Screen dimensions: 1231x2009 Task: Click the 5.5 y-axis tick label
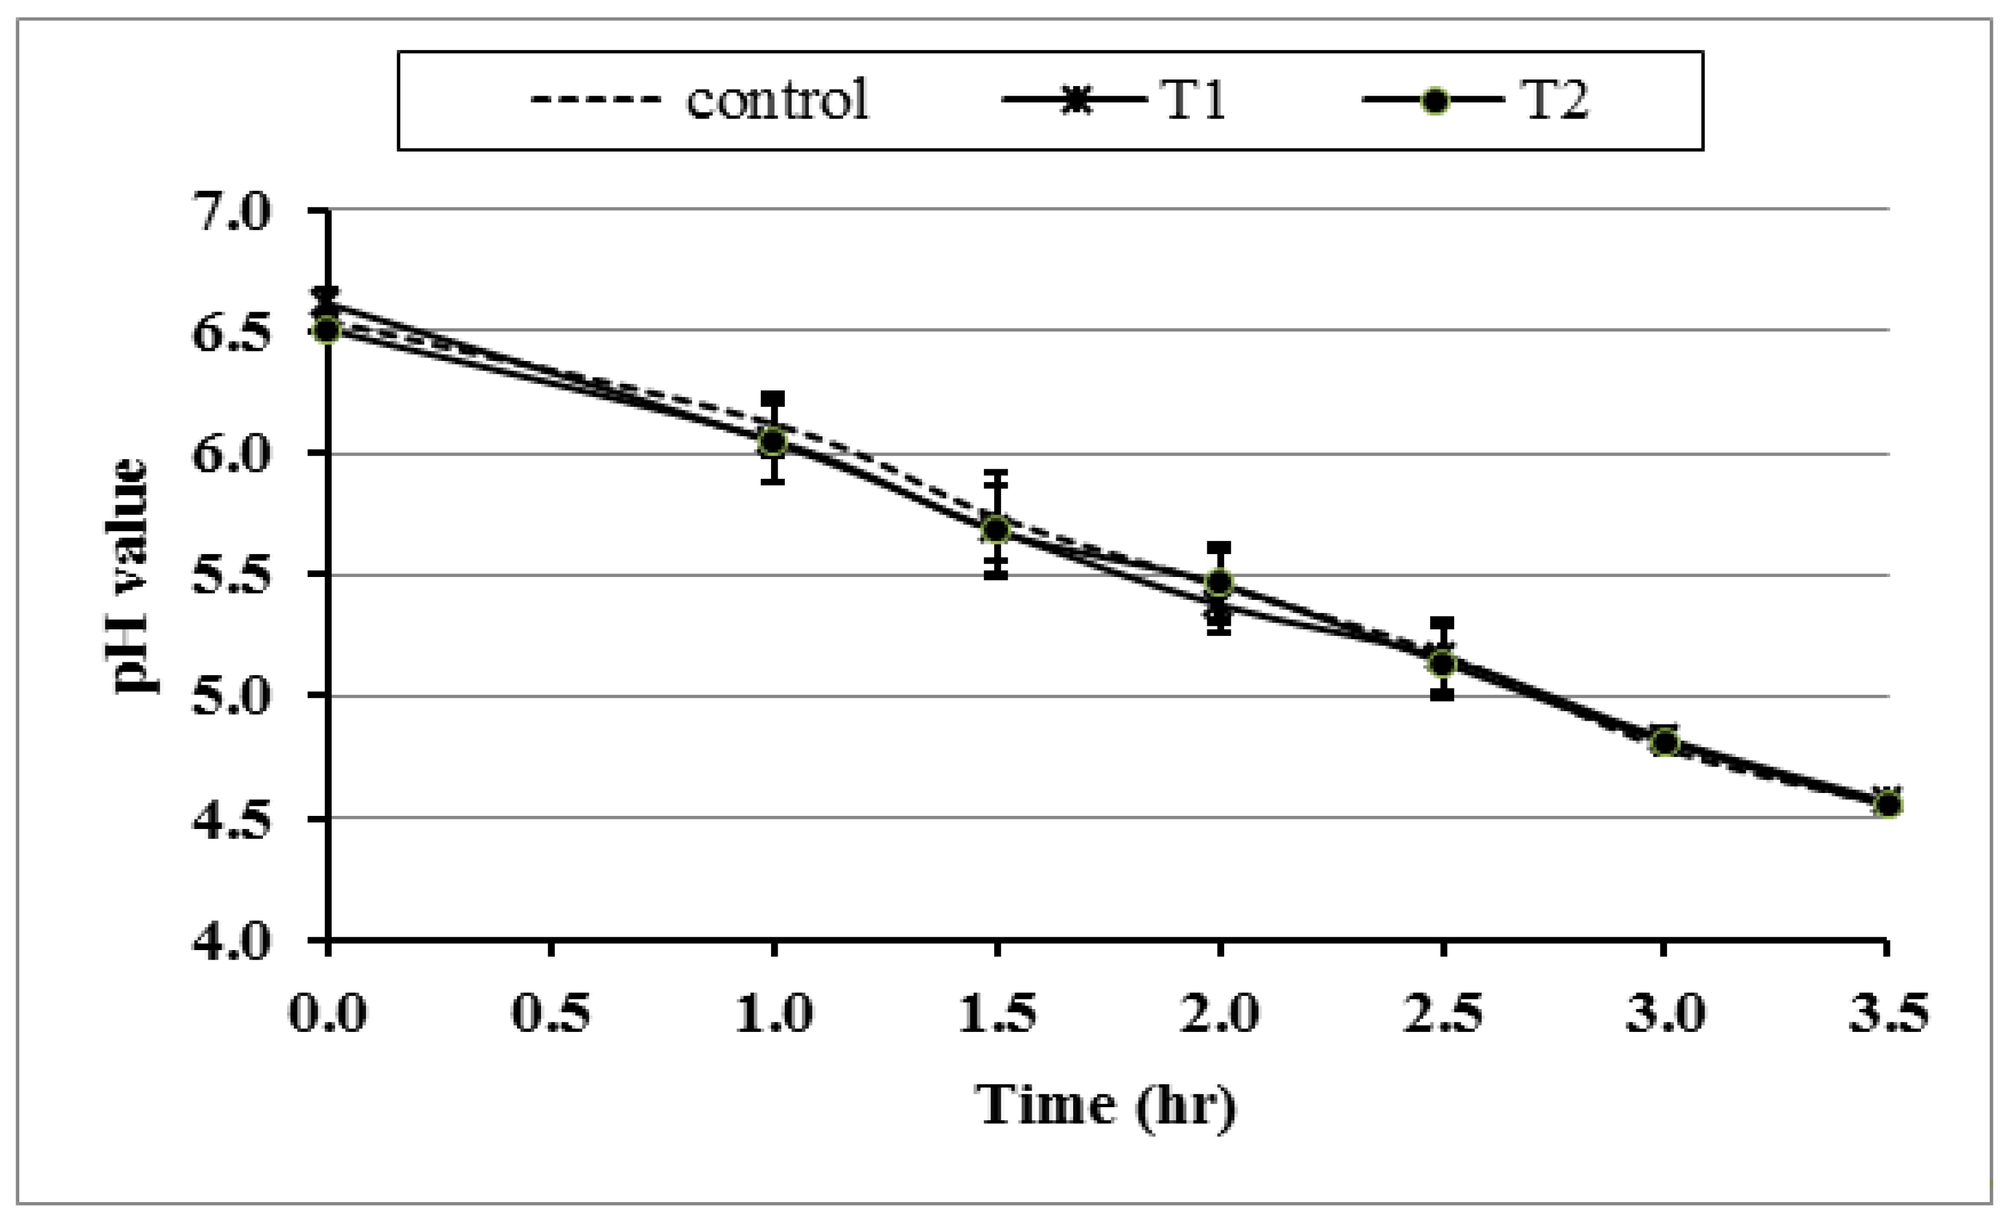(231, 576)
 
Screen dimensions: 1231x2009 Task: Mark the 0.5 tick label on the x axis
(551, 1013)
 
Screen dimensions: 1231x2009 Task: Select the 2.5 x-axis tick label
(1442, 1013)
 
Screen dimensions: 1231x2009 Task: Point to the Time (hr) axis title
(1106, 1105)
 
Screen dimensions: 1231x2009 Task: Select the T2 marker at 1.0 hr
(773, 442)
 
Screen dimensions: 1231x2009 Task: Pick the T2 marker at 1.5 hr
(996, 529)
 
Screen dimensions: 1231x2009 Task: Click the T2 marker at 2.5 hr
(1442, 664)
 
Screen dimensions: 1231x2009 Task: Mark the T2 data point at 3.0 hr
(1665, 742)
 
